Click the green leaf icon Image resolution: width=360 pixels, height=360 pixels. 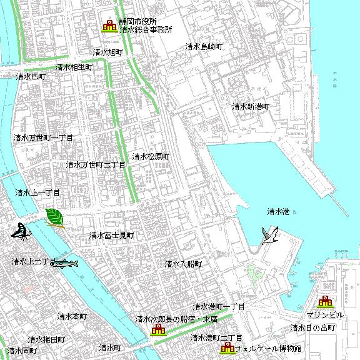(x=55, y=218)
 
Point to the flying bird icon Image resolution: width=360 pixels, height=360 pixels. (x=270, y=236)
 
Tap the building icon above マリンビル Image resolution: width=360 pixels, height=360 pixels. (x=324, y=302)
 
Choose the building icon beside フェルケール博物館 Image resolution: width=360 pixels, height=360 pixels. (x=227, y=348)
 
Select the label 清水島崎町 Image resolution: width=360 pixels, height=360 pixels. (x=204, y=46)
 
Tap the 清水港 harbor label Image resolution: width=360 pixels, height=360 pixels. (x=277, y=211)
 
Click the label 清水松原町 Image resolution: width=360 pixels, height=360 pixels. (x=150, y=156)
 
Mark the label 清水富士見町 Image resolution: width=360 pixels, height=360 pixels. (x=111, y=236)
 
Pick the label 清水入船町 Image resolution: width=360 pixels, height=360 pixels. (x=184, y=264)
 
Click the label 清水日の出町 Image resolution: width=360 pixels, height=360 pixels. (x=313, y=327)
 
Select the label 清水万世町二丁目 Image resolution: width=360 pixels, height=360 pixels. (x=96, y=165)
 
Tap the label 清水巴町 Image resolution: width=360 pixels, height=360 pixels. (x=31, y=76)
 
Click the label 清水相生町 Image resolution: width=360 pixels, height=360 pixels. (x=74, y=67)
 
